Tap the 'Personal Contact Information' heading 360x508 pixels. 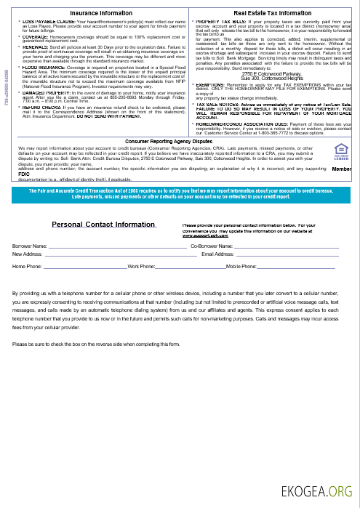[x=104, y=225]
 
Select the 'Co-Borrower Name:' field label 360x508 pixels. [x=211, y=247]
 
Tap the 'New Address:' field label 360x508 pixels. [x=28, y=254]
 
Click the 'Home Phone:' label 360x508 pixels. [x=28, y=267]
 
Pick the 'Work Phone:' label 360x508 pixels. [x=140, y=267]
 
